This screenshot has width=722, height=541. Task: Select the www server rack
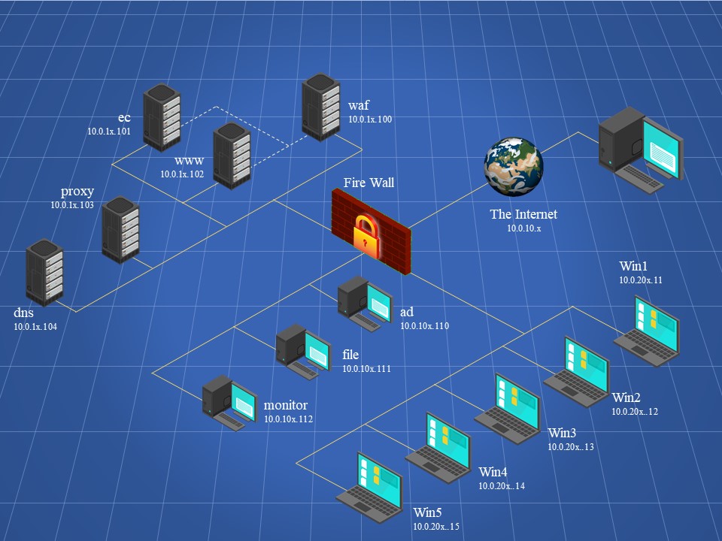[232, 155]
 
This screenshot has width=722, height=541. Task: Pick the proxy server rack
[121, 228]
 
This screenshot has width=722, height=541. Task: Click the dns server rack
[45, 272]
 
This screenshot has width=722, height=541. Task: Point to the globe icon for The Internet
[514, 166]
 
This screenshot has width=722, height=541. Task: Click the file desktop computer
[303, 349]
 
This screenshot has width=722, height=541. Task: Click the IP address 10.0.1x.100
[370, 119]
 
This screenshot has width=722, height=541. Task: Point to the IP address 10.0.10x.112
[288, 419]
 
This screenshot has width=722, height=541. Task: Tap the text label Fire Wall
[369, 183]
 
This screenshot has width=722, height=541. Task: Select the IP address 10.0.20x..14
[502, 486]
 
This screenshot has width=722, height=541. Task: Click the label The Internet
[523, 214]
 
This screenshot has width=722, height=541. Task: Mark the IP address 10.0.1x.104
[35, 327]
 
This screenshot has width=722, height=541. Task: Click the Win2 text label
[626, 397]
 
